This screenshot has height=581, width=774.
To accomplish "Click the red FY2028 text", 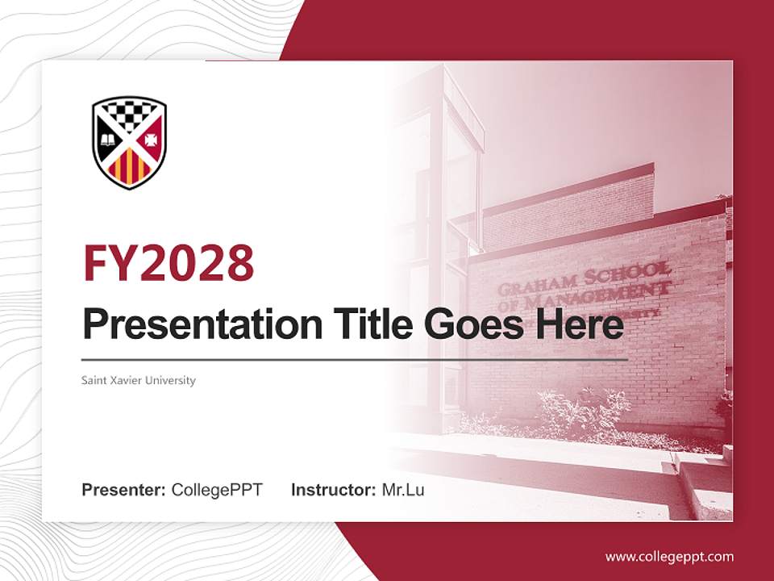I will [x=169, y=262].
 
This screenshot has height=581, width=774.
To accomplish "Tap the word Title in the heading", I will [x=367, y=324].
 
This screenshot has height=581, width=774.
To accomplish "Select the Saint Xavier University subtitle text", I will [x=139, y=380].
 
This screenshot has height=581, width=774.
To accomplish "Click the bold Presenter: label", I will [x=124, y=490].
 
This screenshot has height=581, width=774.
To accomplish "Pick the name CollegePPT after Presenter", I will [x=217, y=490].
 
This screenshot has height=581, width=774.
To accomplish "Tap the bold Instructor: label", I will [x=333, y=490].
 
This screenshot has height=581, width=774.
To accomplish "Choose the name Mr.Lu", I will [x=402, y=490].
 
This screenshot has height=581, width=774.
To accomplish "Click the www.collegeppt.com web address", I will [x=669, y=556].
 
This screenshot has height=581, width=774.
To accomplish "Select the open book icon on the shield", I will [x=107, y=141].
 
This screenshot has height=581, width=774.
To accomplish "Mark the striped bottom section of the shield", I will [x=129, y=167].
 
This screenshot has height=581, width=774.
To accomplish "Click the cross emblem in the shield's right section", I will [x=150, y=140].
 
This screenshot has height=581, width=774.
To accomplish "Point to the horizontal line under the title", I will [x=355, y=359].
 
